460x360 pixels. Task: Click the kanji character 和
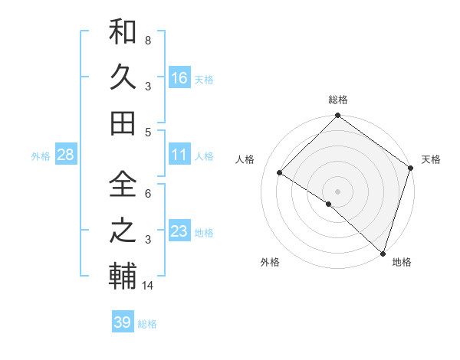click(x=122, y=34)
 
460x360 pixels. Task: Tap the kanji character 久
click(x=122, y=78)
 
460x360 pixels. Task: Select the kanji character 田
click(x=122, y=122)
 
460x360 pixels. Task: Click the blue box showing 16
click(x=179, y=78)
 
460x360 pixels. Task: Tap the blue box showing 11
click(x=179, y=155)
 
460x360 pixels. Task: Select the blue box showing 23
click(x=179, y=231)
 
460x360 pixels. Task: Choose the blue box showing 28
click(x=65, y=155)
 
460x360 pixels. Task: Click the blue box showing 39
click(x=123, y=322)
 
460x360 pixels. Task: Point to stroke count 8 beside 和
click(x=148, y=40)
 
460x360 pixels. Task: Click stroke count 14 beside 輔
click(x=149, y=286)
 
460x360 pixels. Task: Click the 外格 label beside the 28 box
click(x=41, y=156)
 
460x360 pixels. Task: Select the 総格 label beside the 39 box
click(x=147, y=324)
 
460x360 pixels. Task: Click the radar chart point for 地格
click(x=383, y=253)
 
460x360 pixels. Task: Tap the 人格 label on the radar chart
click(x=245, y=159)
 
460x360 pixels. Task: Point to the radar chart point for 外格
click(x=329, y=204)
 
